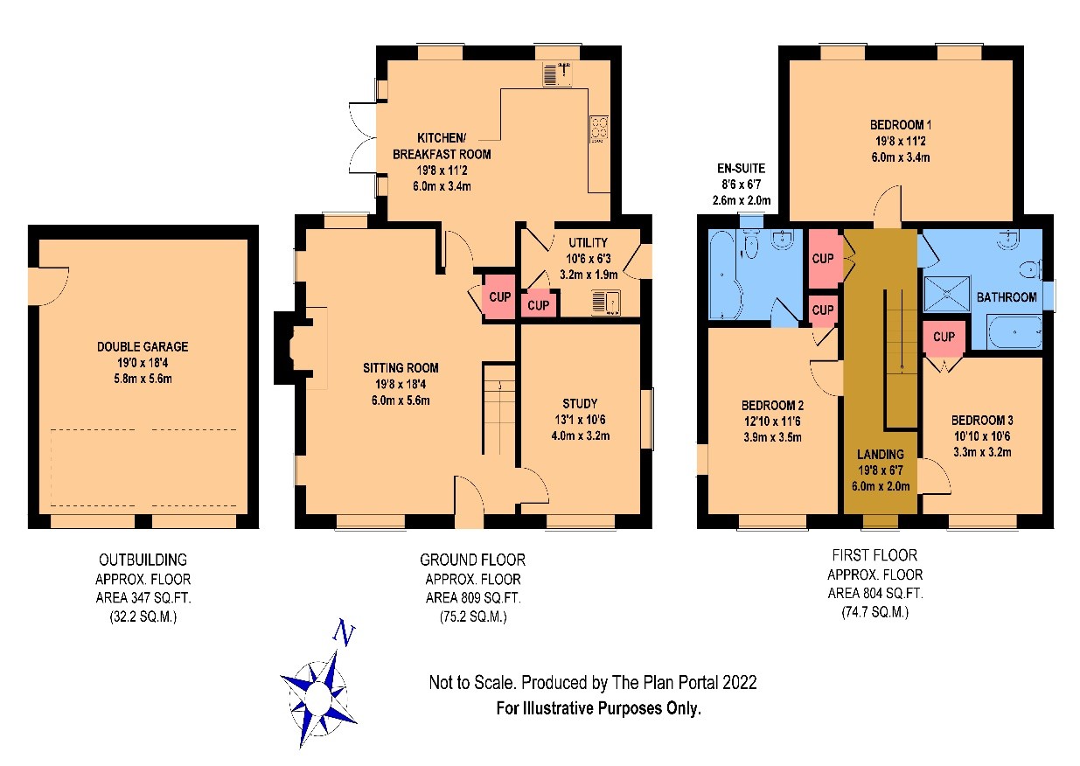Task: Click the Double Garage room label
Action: (x=143, y=346)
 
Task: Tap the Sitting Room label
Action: (x=401, y=368)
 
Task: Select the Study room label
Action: (x=580, y=403)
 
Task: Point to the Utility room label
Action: (x=588, y=242)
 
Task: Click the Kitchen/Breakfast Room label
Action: (x=442, y=146)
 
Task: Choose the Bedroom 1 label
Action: (x=900, y=125)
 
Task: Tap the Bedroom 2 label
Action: (x=772, y=405)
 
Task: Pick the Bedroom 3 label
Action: (x=982, y=420)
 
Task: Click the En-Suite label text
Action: (x=741, y=168)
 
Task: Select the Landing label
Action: (x=881, y=454)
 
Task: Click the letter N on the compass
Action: (x=345, y=632)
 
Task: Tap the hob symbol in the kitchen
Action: (x=599, y=129)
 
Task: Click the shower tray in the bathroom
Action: (x=946, y=294)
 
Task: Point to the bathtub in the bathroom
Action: (x=1014, y=332)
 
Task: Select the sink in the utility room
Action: (x=606, y=303)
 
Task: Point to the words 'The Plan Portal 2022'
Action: (x=684, y=682)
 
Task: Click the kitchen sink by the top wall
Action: (x=557, y=74)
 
